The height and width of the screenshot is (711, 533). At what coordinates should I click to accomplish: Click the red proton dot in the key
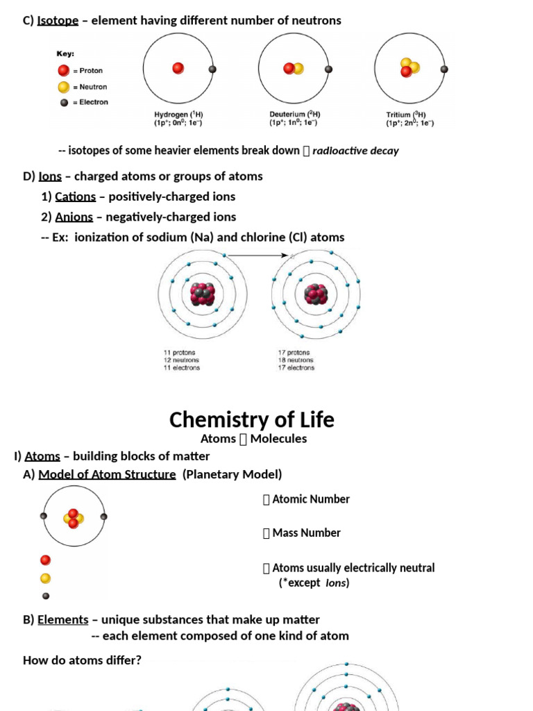pyautogui.click(x=63, y=71)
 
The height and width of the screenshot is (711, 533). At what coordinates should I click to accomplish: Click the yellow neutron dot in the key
pyautogui.click(x=63, y=87)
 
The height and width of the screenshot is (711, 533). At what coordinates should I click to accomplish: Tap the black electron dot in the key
pyautogui.click(x=64, y=102)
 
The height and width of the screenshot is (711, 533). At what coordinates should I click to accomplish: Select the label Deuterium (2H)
pyautogui.click(x=294, y=115)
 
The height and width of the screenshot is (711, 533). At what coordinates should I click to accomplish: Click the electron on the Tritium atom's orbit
pyautogui.click(x=444, y=69)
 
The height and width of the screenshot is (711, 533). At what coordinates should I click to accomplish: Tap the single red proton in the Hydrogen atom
pyautogui.click(x=178, y=68)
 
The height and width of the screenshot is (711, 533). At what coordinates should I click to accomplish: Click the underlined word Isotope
pyautogui.click(x=58, y=20)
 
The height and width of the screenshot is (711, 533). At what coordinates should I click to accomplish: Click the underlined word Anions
pyautogui.click(x=74, y=217)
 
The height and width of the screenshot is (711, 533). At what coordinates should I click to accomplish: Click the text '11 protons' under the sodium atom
pyautogui.click(x=179, y=353)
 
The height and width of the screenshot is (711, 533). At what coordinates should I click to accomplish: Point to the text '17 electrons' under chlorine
pyautogui.click(x=296, y=368)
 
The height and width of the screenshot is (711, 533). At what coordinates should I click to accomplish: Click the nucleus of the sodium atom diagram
pyautogui.click(x=201, y=294)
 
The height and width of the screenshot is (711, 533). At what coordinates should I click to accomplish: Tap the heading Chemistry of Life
pyautogui.click(x=252, y=419)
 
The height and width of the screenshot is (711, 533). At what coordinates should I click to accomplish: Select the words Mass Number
pyautogui.click(x=306, y=533)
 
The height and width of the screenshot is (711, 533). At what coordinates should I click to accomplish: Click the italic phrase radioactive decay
pyautogui.click(x=355, y=151)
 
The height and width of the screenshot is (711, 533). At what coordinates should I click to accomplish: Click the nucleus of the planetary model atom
pyautogui.click(x=73, y=518)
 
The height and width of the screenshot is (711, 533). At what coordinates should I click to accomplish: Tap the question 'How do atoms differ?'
pyautogui.click(x=82, y=660)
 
